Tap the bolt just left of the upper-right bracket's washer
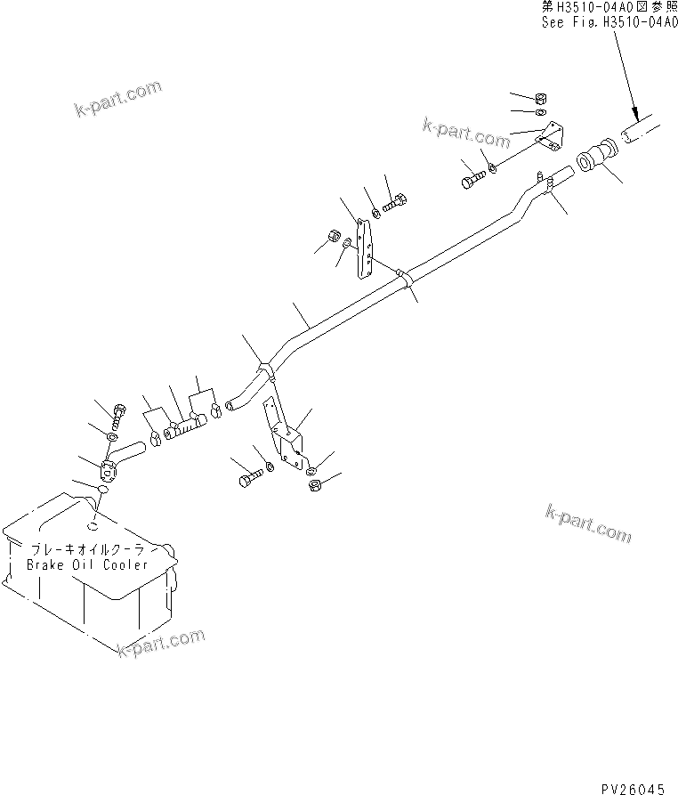coord(471,179)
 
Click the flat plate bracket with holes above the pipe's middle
coord(363,252)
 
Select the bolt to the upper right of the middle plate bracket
coord(397,203)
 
